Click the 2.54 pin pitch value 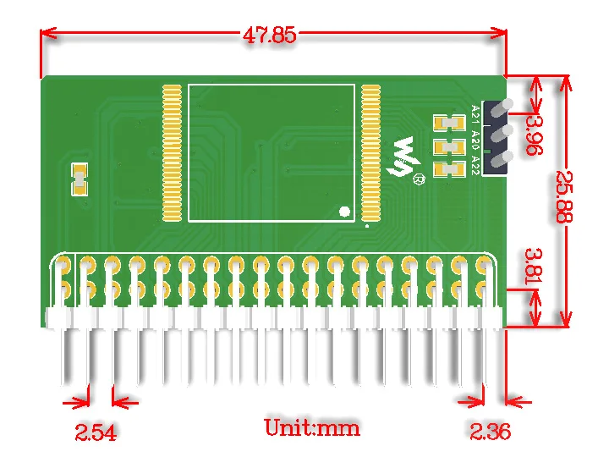click(x=96, y=433)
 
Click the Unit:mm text click(x=312, y=427)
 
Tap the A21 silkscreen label click(x=475, y=113)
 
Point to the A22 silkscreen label click(x=475, y=163)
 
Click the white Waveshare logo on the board click(x=409, y=156)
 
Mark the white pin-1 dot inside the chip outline click(x=344, y=212)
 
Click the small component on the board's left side click(x=80, y=179)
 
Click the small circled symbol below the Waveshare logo click(x=418, y=179)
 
